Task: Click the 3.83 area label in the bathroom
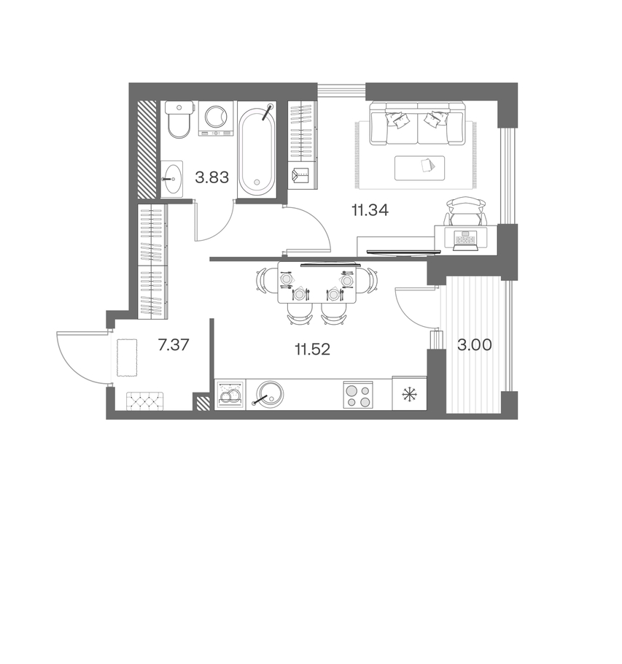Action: click(211, 177)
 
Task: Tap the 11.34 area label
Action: click(370, 209)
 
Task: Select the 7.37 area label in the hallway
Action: click(173, 345)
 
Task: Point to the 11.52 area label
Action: click(312, 350)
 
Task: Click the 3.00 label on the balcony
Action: click(474, 345)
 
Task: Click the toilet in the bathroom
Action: click(179, 119)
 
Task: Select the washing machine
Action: click(217, 118)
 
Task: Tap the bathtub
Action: click(257, 149)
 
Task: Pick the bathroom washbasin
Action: click(172, 179)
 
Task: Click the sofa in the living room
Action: click(417, 123)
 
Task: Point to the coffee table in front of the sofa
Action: click(420, 168)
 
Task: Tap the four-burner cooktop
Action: click(358, 395)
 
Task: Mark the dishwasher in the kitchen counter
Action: click(230, 395)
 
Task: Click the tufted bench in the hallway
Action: click(145, 401)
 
